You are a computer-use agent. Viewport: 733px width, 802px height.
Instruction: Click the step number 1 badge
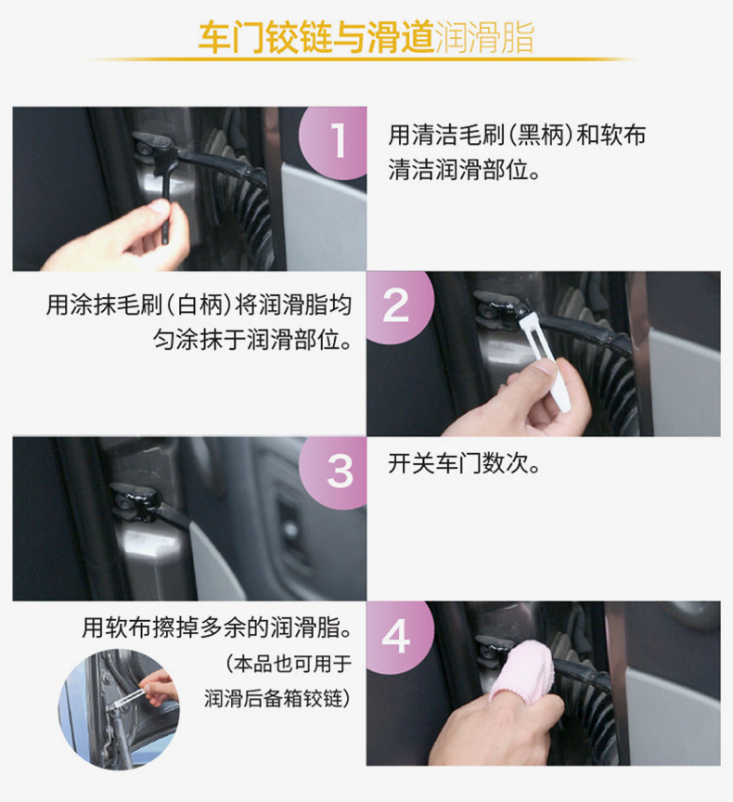pyautogui.click(x=339, y=142)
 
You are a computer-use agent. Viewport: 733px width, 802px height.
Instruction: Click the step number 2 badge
pyautogui.click(x=395, y=304)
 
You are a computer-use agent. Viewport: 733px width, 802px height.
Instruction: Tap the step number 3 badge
pyautogui.click(x=340, y=471)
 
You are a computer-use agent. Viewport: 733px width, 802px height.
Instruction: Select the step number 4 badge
pyautogui.click(x=396, y=637)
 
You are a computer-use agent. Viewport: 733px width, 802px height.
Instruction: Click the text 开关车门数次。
pyautogui.click(x=464, y=464)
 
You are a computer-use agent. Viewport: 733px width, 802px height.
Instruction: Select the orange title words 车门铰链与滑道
pyautogui.click(x=315, y=38)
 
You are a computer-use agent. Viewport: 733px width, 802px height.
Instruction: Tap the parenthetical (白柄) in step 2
pyautogui.click(x=189, y=304)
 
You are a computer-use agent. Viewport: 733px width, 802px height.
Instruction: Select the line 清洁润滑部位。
pyautogui.click(x=464, y=172)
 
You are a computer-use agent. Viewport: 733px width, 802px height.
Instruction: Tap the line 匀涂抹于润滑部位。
pyautogui.click(x=252, y=339)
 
